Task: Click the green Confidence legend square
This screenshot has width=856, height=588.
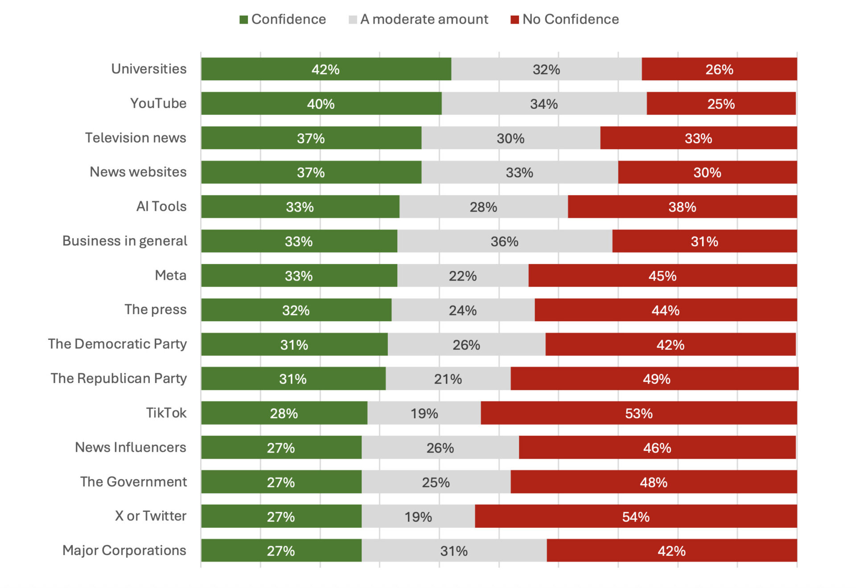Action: click(243, 20)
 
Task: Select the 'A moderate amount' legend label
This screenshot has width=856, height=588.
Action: click(424, 19)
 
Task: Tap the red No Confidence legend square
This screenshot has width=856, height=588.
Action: click(514, 20)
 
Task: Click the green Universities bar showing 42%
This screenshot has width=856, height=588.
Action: click(326, 69)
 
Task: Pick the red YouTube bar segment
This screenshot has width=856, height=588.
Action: click(721, 103)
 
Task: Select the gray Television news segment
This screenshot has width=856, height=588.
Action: click(510, 138)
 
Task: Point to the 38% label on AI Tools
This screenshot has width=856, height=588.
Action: click(682, 207)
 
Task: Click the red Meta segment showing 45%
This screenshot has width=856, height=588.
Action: click(663, 276)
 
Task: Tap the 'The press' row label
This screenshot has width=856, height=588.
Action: click(155, 310)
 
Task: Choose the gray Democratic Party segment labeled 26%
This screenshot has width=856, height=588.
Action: click(466, 344)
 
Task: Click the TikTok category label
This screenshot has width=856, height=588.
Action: click(166, 413)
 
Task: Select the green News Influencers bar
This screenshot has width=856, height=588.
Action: click(281, 447)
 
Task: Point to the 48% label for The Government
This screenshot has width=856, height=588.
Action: click(654, 482)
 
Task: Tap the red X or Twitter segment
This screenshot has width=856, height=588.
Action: click(636, 516)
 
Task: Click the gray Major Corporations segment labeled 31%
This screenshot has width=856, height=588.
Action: click(454, 551)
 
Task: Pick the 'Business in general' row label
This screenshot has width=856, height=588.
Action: click(125, 241)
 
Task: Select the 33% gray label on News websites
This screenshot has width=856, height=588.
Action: click(519, 172)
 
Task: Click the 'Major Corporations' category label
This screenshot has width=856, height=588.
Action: click(124, 551)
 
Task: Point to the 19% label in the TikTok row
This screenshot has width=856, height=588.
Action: click(424, 413)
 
